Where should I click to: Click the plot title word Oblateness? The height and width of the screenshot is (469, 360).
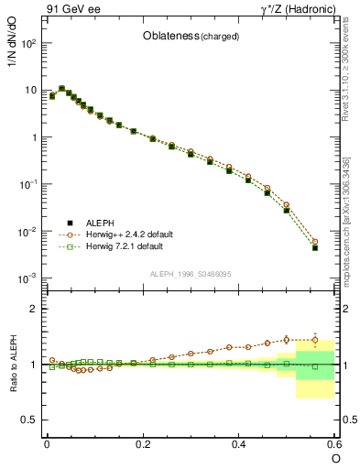(x=168, y=37)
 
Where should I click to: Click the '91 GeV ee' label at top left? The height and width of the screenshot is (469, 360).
(x=71, y=9)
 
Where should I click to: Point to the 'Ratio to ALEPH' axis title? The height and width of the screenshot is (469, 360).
(x=14, y=364)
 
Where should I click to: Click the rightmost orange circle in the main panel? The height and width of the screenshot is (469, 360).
(x=315, y=242)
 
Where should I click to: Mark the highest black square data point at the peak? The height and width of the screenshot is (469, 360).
(x=61, y=89)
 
